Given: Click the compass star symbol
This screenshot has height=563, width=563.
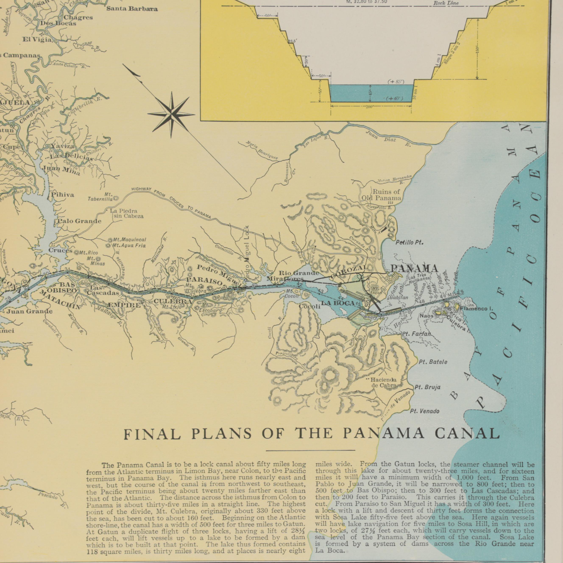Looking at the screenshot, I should click(x=171, y=114).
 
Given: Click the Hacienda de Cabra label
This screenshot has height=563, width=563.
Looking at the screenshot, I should click(x=383, y=383).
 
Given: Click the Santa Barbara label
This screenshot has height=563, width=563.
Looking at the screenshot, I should click(x=132, y=9).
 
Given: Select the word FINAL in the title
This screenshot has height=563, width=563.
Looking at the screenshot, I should click(x=152, y=435).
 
